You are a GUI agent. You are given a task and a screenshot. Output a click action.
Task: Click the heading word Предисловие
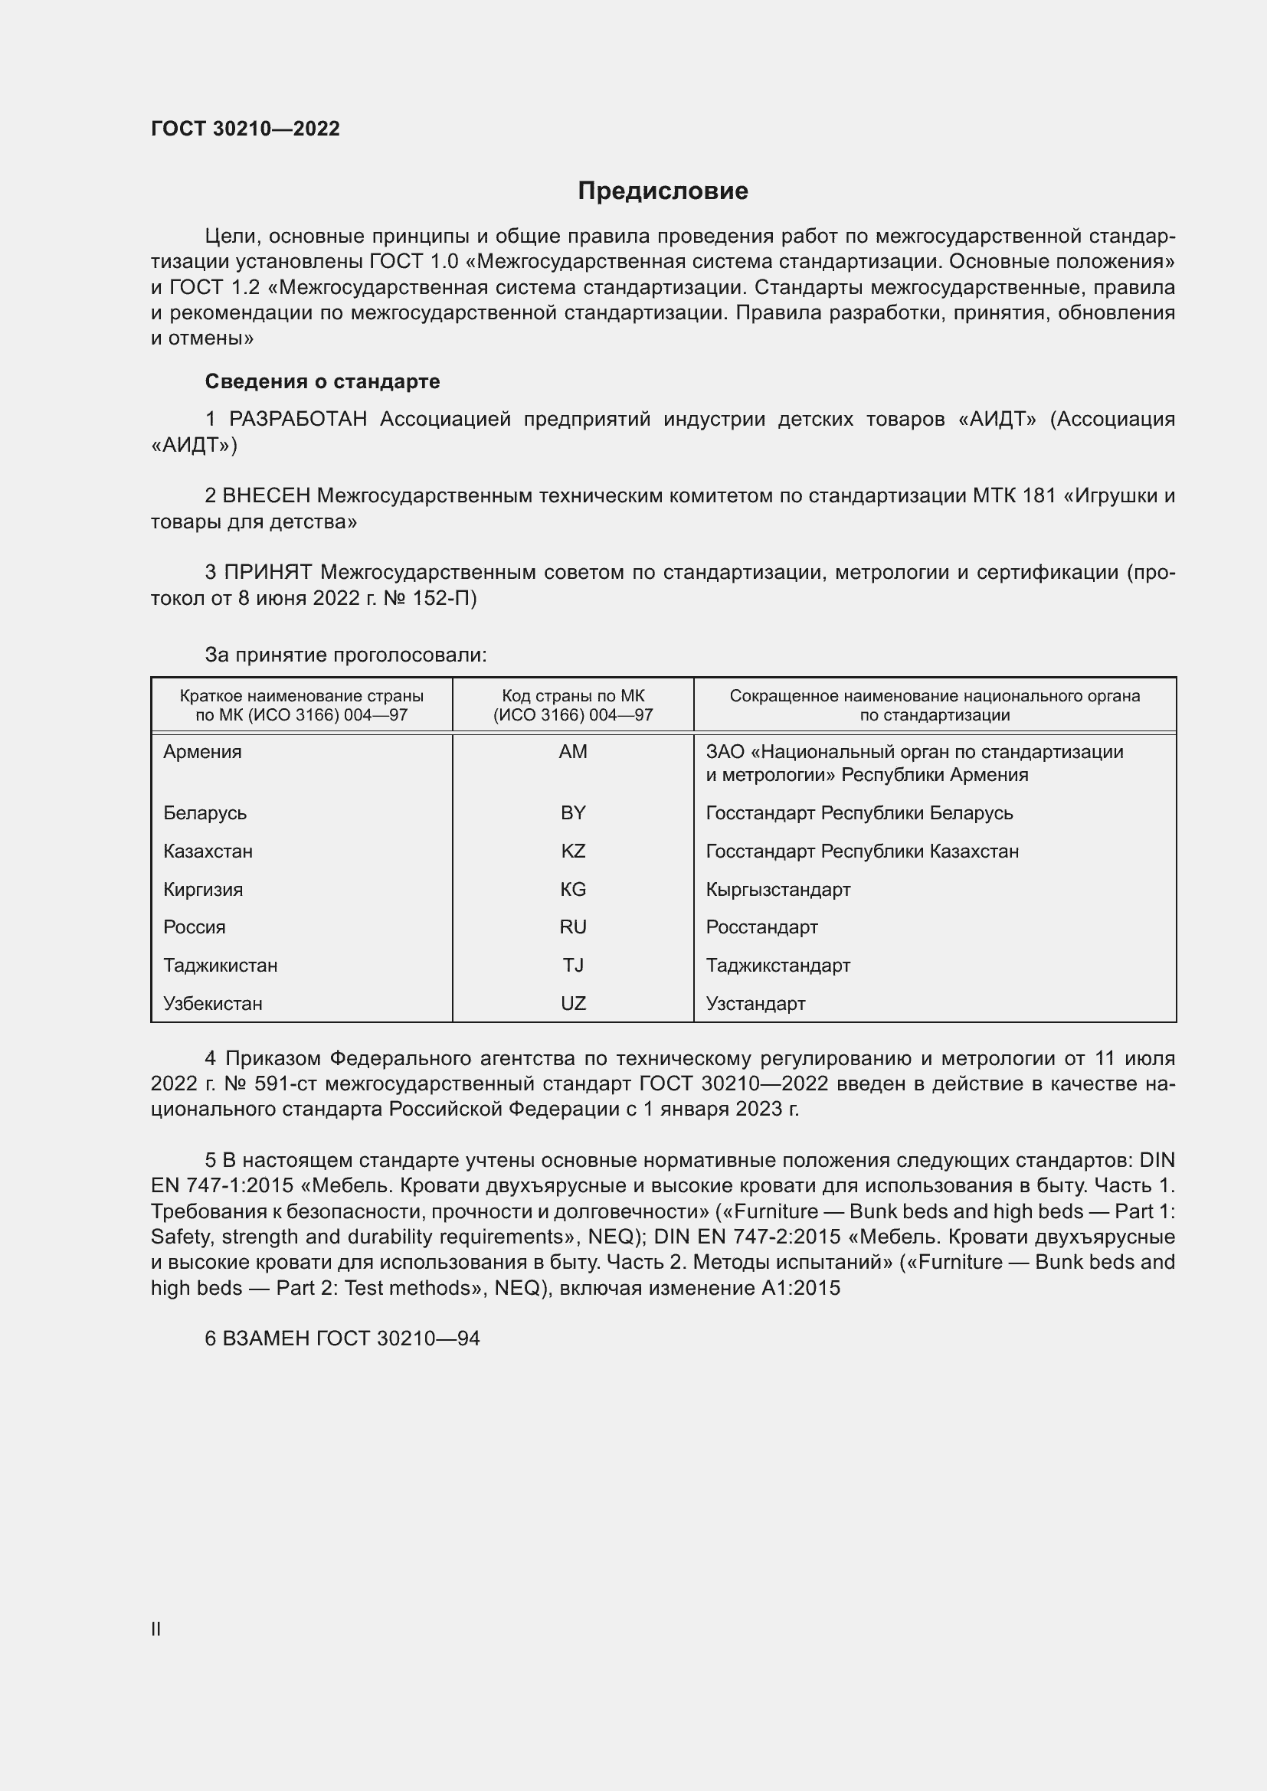[x=663, y=191]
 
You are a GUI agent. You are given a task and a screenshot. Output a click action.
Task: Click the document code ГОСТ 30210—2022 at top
[x=245, y=129]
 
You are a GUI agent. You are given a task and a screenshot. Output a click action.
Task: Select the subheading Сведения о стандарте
[x=322, y=381]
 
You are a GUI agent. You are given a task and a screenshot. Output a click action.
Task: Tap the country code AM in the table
[x=573, y=752]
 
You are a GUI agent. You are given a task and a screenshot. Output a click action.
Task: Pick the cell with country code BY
[x=573, y=813]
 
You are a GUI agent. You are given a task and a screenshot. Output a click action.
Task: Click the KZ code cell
[x=573, y=851]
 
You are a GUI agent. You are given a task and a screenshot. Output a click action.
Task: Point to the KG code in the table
[x=573, y=889]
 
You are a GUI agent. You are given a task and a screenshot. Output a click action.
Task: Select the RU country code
[x=573, y=927]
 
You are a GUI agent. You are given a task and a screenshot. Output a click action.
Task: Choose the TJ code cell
[x=573, y=965]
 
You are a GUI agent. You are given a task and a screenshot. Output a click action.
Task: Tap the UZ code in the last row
[x=573, y=1003]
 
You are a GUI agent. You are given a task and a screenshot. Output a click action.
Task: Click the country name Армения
[x=202, y=752]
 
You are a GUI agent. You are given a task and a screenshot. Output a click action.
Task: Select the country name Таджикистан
[x=220, y=965]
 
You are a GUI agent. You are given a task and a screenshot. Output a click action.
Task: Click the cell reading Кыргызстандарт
[x=778, y=889]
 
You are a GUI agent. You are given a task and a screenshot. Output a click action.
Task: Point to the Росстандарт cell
[x=761, y=927]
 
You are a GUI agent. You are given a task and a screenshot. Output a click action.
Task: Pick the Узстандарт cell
[x=755, y=1003]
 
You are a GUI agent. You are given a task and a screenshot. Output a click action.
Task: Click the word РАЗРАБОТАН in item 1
[x=297, y=420]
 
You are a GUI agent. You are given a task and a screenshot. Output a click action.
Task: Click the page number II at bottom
[x=156, y=1629]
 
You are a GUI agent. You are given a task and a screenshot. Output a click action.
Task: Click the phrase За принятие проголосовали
[x=345, y=655]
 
